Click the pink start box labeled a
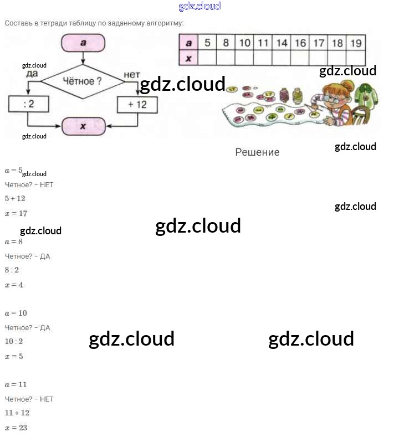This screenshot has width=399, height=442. [x=83, y=43]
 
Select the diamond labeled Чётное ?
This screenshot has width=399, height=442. [x=84, y=81]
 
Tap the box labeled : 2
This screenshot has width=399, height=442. [x=29, y=104]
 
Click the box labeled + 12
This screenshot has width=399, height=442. [x=137, y=104]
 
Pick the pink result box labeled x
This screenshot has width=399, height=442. [x=83, y=126]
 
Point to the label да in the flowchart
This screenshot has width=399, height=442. [x=32, y=73]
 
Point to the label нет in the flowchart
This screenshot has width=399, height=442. [x=132, y=74]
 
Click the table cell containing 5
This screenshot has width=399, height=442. [x=207, y=43]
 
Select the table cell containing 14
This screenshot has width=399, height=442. [x=282, y=43]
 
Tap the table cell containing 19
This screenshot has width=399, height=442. [x=356, y=43]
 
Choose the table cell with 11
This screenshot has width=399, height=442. [x=263, y=43]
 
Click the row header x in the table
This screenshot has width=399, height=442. [x=188, y=58]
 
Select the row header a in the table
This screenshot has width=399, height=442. [x=188, y=43]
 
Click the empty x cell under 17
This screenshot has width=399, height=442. [x=319, y=58]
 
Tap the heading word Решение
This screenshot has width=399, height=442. [x=257, y=152]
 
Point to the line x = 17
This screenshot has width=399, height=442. [x=16, y=213]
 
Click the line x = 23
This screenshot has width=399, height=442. [x=16, y=428]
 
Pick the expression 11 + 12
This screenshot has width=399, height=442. [x=17, y=413]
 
